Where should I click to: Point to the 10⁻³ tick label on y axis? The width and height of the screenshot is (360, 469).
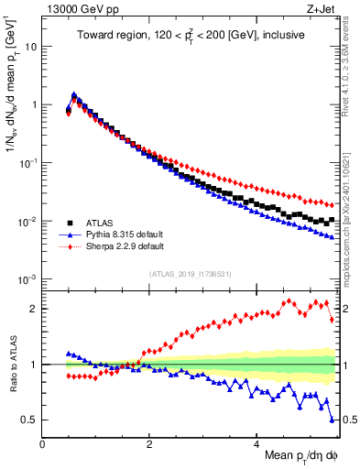(27, 278)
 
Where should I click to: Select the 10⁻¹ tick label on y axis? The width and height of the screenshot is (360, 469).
(27, 162)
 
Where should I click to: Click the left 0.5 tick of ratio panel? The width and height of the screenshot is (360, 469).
(30, 420)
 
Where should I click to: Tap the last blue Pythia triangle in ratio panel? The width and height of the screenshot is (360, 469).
(332, 420)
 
